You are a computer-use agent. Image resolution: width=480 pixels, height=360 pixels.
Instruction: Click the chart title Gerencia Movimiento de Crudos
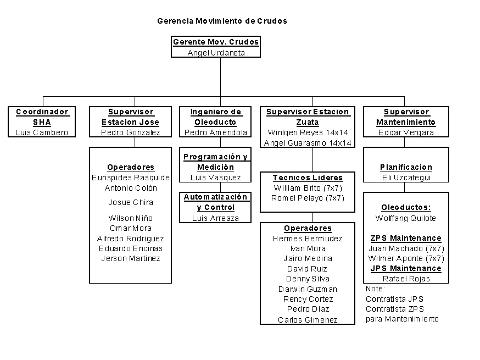pyautogui.click(x=222, y=21)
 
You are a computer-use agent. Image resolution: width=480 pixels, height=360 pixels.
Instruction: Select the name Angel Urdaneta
pyautogui.click(x=216, y=53)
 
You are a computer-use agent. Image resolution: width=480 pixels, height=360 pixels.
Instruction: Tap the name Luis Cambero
pyautogui.click(x=42, y=132)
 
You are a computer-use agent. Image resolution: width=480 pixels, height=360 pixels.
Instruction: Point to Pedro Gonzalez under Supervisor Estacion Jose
pyautogui.click(x=131, y=132)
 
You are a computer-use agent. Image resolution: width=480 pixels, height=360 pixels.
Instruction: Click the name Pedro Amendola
pyautogui.click(x=216, y=132)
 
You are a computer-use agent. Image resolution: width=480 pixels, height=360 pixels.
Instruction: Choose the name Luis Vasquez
pyautogui.click(x=216, y=178)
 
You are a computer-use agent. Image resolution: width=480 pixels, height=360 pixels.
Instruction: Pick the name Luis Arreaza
pyautogui.click(x=216, y=218)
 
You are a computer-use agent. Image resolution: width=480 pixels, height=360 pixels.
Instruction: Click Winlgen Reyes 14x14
pyautogui.click(x=308, y=132)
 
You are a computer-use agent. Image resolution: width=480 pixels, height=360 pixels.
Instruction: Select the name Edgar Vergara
pyautogui.click(x=406, y=132)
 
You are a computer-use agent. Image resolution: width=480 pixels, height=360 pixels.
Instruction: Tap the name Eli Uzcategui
pyautogui.click(x=406, y=178)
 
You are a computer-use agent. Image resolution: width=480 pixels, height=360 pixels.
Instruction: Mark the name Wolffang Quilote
pyautogui.click(x=406, y=218)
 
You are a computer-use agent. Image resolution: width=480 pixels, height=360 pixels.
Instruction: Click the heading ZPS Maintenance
pyautogui.click(x=406, y=238)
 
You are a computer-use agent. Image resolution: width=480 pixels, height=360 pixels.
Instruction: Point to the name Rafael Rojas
pyautogui.click(x=406, y=279)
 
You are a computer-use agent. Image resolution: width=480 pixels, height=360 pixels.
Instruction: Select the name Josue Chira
pyautogui.click(x=131, y=202)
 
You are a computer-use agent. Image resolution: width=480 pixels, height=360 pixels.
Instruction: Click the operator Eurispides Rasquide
pyautogui.click(x=131, y=178)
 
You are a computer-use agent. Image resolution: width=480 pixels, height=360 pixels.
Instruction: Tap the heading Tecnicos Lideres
pyautogui.click(x=308, y=178)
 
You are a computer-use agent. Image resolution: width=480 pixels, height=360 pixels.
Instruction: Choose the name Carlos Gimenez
pyautogui.click(x=308, y=320)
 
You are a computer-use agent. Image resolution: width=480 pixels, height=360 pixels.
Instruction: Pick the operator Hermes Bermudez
pyautogui.click(x=308, y=239)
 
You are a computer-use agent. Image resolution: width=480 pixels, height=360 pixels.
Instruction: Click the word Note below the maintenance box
pyautogui.click(x=375, y=289)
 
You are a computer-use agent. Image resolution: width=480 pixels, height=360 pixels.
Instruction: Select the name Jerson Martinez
pyautogui.click(x=131, y=258)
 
